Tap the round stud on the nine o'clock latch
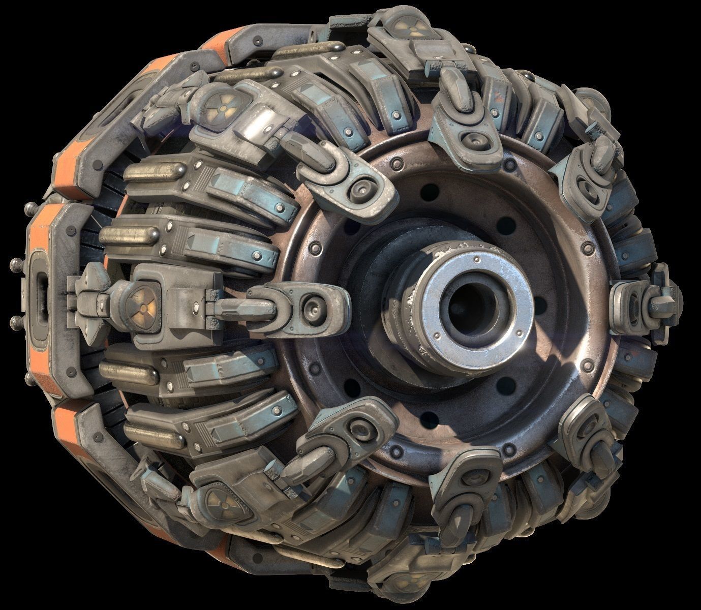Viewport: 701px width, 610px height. (x=312, y=306)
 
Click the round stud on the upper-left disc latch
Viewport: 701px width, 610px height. (x=362, y=186)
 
